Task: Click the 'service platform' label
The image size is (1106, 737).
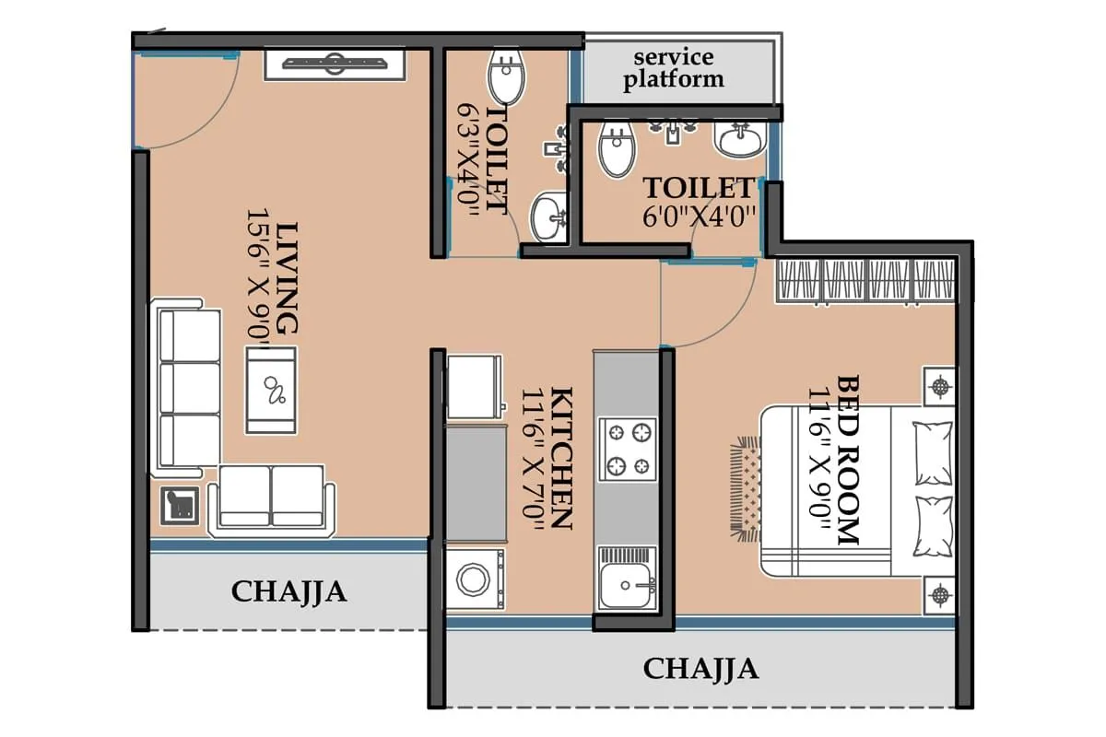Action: tap(673, 68)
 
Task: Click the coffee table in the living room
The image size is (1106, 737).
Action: tap(271, 390)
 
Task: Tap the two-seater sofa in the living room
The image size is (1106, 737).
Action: tap(271, 497)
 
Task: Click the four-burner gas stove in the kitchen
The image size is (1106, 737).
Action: tap(627, 449)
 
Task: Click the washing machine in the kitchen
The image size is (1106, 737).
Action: tap(475, 579)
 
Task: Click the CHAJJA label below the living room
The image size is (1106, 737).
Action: tap(288, 591)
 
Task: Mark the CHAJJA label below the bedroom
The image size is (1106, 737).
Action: tap(700, 668)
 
